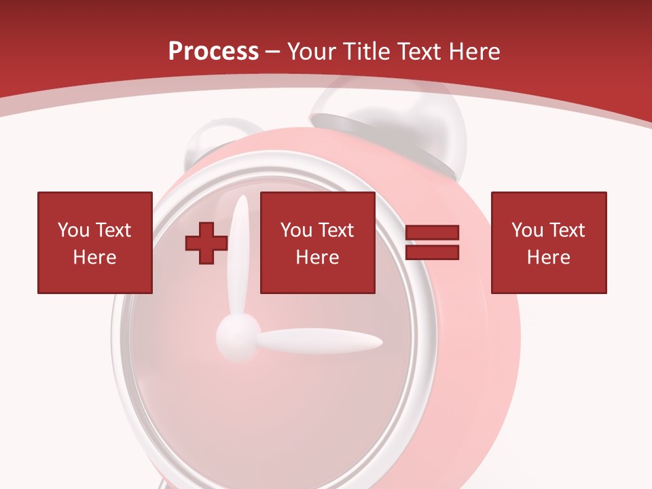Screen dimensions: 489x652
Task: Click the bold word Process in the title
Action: [x=213, y=52]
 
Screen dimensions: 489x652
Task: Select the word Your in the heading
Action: [x=311, y=52]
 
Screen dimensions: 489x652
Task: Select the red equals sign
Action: [x=432, y=242]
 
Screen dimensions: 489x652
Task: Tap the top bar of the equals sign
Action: [x=432, y=234]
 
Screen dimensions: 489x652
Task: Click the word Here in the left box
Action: [x=94, y=257]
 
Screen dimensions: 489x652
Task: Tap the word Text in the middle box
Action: [x=336, y=230]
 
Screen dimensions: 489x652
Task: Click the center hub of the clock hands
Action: [x=238, y=334]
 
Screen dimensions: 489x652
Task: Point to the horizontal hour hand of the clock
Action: [x=319, y=342]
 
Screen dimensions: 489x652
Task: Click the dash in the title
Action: [x=273, y=52]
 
